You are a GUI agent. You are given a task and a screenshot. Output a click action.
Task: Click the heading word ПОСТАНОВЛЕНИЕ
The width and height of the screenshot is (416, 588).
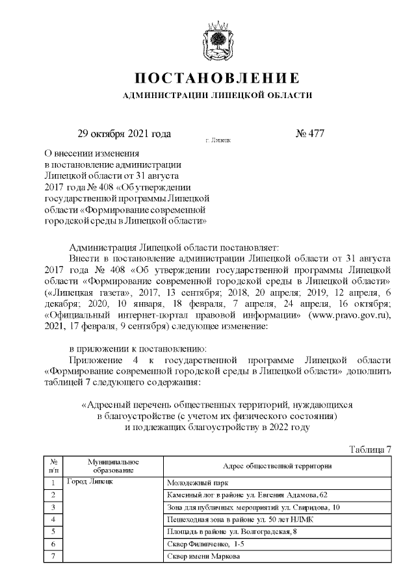[217, 79]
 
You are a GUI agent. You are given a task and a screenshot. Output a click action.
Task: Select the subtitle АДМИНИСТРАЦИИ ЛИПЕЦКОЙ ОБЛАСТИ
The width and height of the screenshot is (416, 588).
[217, 96]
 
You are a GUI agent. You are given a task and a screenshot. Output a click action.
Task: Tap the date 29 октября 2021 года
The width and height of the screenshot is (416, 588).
[124, 134]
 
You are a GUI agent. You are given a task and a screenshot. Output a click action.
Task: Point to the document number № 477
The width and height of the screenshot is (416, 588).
[309, 134]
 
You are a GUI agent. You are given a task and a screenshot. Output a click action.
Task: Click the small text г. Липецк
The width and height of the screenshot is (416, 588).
[217, 140]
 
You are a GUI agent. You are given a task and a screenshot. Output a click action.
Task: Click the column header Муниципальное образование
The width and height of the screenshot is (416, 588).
[113, 465]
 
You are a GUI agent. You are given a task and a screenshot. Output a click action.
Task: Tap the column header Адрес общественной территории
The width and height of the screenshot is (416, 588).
[278, 465]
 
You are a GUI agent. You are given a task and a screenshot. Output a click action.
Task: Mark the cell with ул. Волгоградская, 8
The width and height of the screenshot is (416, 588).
[232, 531]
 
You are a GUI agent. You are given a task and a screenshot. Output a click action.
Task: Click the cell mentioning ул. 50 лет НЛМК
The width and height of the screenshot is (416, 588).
[239, 519]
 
